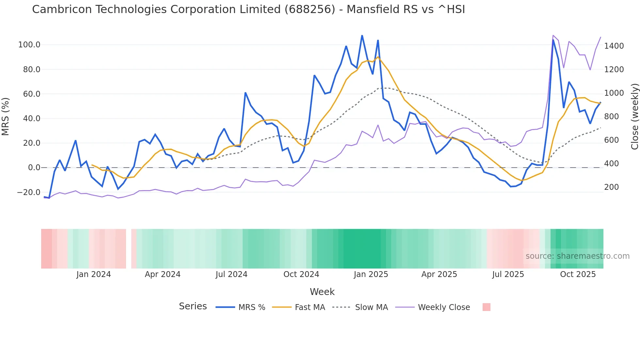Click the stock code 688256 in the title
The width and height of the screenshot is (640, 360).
[310, 9]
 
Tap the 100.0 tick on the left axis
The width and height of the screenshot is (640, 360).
[29, 45]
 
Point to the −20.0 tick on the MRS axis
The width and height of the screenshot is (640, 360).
[29, 192]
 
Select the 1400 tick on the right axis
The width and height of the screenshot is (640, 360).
[614, 46]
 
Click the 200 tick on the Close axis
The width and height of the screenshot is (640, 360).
[611, 187]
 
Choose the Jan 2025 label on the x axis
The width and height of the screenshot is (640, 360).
[371, 274]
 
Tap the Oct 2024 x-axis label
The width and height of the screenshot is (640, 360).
[301, 274]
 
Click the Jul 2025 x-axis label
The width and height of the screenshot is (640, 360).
[508, 274]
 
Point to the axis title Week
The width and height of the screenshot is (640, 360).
[322, 292]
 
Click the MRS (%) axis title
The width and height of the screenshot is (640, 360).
[6, 116]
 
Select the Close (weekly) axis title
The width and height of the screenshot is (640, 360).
[634, 117]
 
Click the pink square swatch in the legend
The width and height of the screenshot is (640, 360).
[486, 307]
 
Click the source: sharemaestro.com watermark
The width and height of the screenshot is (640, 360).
[577, 256]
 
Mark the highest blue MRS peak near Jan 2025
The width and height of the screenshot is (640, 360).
[362, 36]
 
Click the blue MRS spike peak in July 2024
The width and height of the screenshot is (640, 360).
[245, 93]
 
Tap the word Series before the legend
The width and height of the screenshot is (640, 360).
[193, 306]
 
